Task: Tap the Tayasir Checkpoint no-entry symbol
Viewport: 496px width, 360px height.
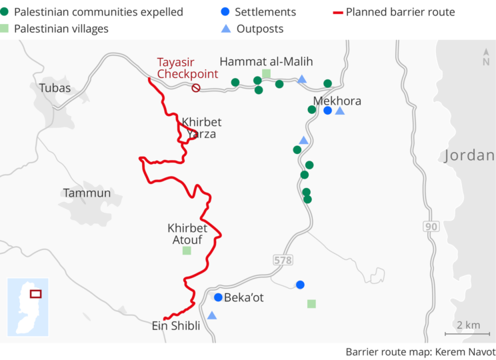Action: point(196,88)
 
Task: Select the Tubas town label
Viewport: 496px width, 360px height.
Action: point(55,87)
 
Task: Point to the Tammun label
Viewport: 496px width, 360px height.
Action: point(87,193)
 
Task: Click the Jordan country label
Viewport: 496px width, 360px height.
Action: point(469,156)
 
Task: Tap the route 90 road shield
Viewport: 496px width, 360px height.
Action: point(432,227)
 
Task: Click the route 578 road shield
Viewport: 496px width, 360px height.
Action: point(282,259)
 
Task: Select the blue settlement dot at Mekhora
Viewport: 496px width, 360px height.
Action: point(327,111)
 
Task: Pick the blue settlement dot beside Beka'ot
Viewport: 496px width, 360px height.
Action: point(218,297)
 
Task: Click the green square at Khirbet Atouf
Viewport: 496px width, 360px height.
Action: point(187,251)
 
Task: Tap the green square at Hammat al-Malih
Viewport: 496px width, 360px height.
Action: point(266,73)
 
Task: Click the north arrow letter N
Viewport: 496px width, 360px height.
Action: point(485,62)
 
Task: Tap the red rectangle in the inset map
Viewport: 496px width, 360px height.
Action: point(35,293)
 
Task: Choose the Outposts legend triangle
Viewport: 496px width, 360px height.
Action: point(226,29)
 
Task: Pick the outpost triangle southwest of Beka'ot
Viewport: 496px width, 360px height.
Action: point(212,315)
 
